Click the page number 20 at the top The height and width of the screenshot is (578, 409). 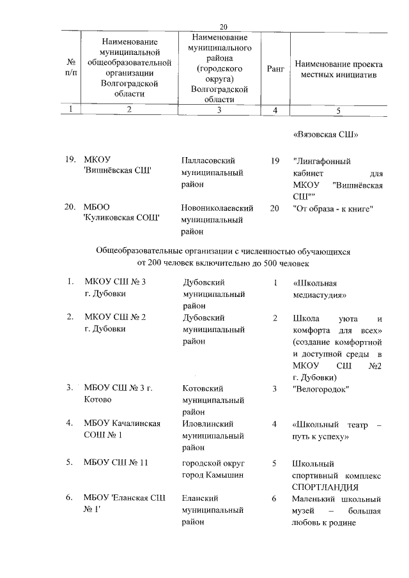(223, 27)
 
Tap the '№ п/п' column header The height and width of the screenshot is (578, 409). (72, 68)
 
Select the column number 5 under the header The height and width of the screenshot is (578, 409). (338, 110)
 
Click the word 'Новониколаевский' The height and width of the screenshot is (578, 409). (218, 209)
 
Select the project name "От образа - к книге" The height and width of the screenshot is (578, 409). (332, 209)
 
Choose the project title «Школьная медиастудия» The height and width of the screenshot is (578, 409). (319, 289)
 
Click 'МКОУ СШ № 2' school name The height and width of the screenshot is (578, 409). (116, 317)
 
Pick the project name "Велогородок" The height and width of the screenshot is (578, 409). (320, 388)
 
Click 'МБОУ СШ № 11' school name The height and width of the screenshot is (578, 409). (116, 462)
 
